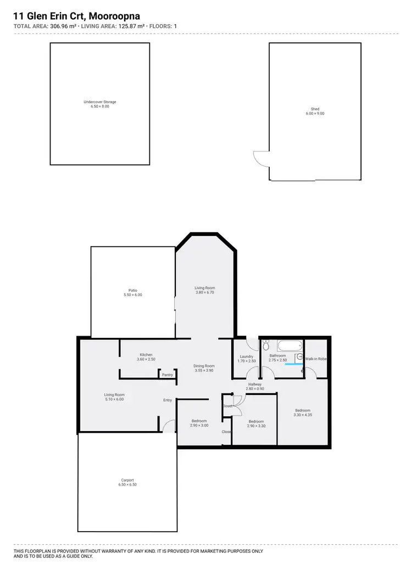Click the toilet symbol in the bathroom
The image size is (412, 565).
coord(266,344)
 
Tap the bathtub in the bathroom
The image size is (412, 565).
coord(289,347)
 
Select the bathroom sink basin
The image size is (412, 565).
coord(300,357)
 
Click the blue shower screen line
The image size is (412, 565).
coord(293,364)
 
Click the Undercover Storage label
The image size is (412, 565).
coord(100,102)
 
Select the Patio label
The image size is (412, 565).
coord(133,290)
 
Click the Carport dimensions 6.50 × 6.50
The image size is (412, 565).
coord(126,485)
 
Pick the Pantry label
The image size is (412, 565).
coord(167,375)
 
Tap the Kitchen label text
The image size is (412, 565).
coord(146,354)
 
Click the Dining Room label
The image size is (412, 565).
coord(204,366)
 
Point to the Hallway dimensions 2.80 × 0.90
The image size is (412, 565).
coord(254,389)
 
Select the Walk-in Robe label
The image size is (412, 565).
coord(316,359)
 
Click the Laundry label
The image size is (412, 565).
coord(246,357)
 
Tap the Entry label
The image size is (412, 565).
coord(168,400)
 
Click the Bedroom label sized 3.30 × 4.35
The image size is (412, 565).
coord(303,410)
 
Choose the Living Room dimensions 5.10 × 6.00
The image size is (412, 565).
coord(115,399)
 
